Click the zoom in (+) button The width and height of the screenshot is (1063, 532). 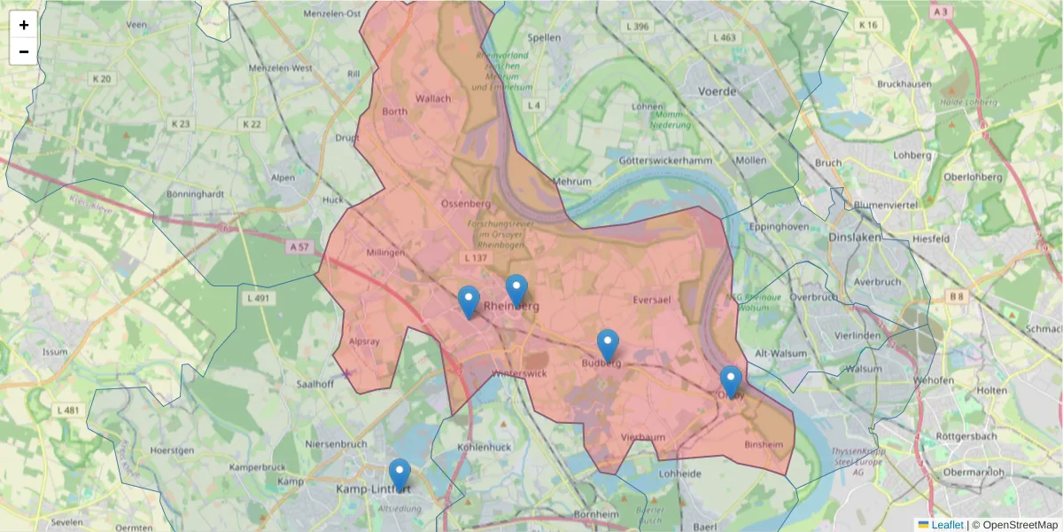tap(24, 25)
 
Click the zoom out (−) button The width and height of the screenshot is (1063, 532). tap(24, 51)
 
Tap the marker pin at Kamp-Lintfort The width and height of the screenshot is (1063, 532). tap(400, 474)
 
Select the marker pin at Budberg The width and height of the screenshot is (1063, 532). tap(608, 345)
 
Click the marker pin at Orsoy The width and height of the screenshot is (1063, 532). tap(730, 382)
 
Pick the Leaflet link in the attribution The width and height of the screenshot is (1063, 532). tap(947, 525)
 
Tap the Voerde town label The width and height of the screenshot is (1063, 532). tap(718, 91)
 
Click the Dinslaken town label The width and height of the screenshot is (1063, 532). tap(856, 238)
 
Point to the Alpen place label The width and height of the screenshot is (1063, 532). tap(283, 177)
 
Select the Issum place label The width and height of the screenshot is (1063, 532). tap(55, 352)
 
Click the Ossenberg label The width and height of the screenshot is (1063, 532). tap(466, 203)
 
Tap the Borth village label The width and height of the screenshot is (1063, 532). tap(394, 112)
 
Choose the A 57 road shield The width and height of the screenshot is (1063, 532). tap(299, 248)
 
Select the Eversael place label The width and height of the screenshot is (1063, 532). tap(652, 301)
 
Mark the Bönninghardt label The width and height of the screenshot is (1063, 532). tap(195, 193)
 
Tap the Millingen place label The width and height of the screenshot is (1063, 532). tap(384, 253)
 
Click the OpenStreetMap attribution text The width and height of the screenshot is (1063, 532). tap(1015, 525)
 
